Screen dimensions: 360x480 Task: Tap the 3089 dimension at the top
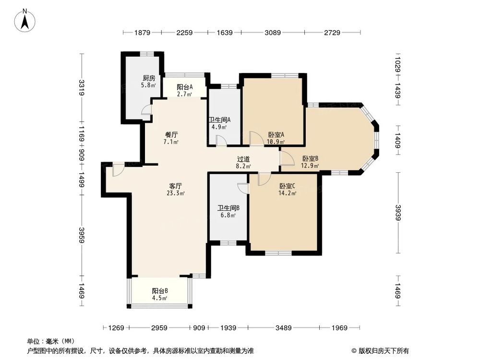click(273, 33)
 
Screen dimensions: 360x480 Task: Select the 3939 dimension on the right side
click(397, 212)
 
